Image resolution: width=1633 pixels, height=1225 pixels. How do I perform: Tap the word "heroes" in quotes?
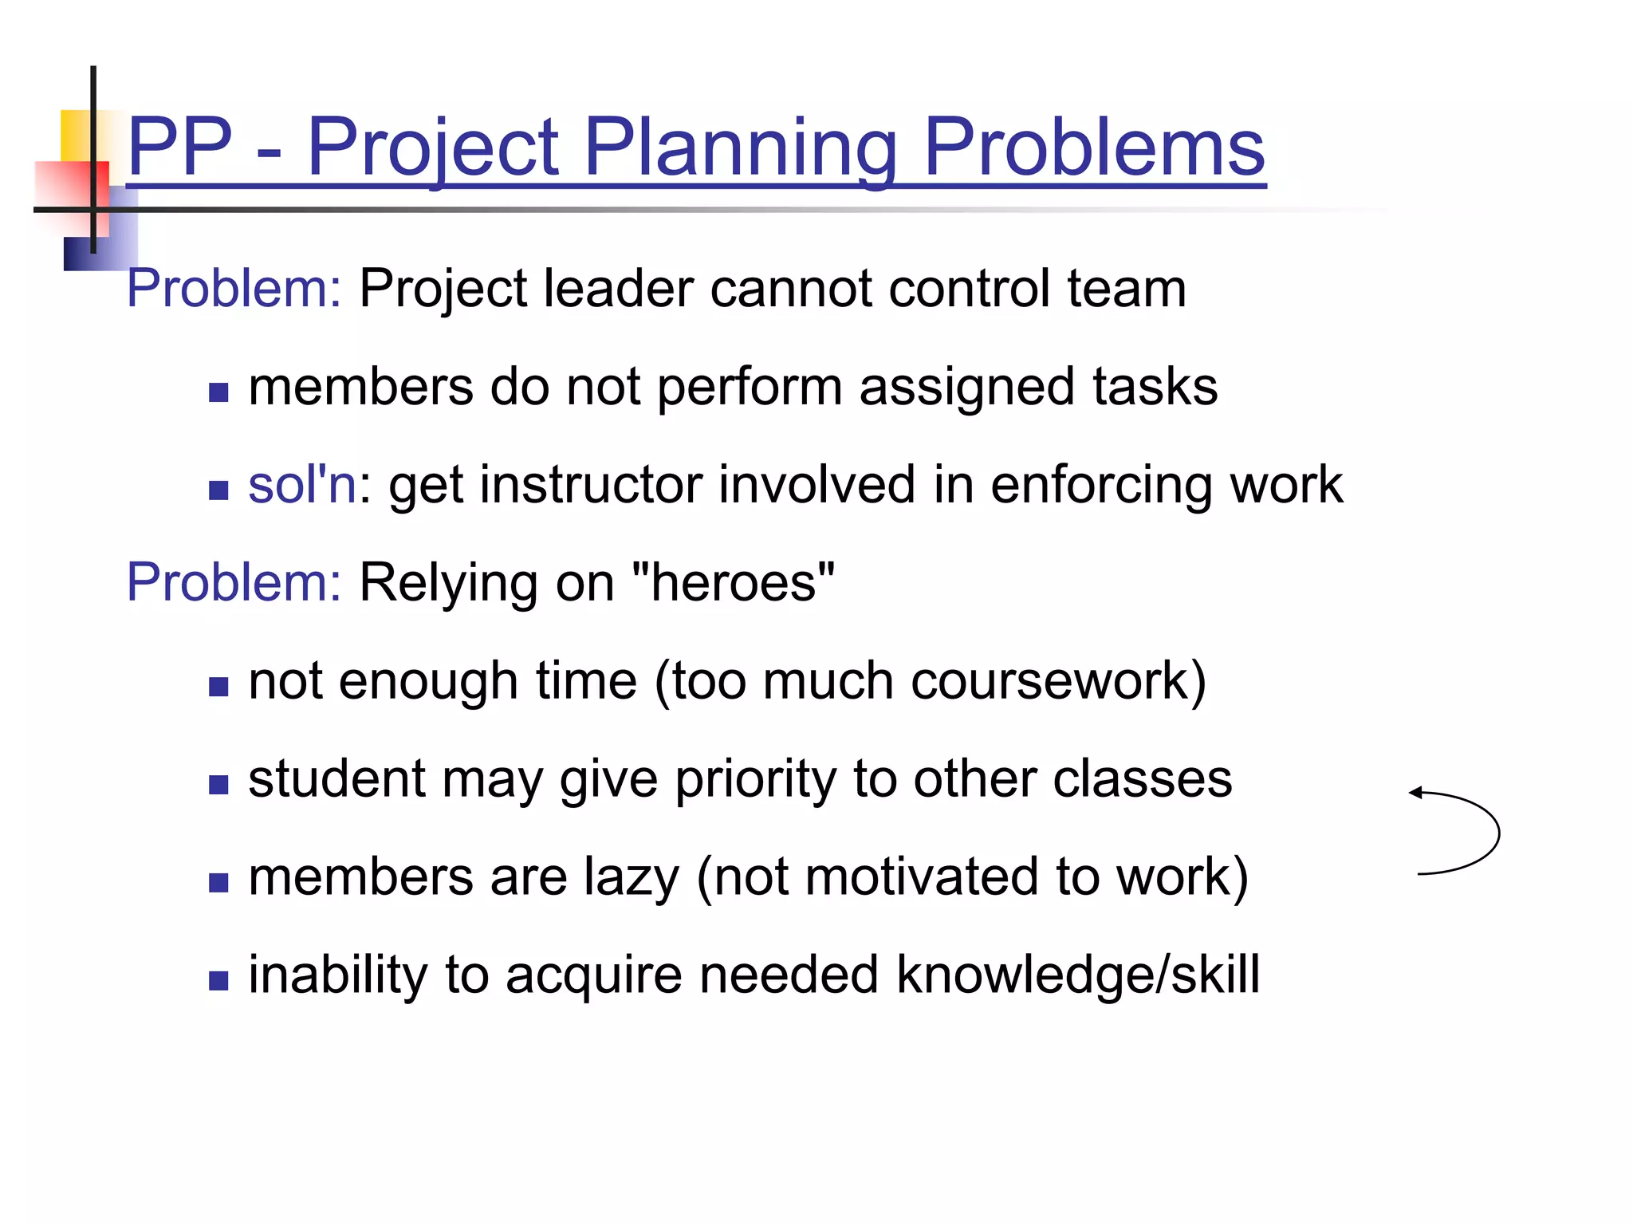[x=733, y=582]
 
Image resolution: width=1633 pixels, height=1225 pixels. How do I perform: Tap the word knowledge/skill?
[x=1077, y=975]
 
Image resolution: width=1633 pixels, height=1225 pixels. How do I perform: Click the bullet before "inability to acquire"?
[x=218, y=980]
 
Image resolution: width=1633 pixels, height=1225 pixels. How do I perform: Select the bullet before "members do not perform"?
[x=218, y=392]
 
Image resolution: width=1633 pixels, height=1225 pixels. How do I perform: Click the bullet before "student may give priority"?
[x=218, y=785]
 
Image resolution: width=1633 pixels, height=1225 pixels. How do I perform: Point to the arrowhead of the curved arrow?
[x=1415, y=793]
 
